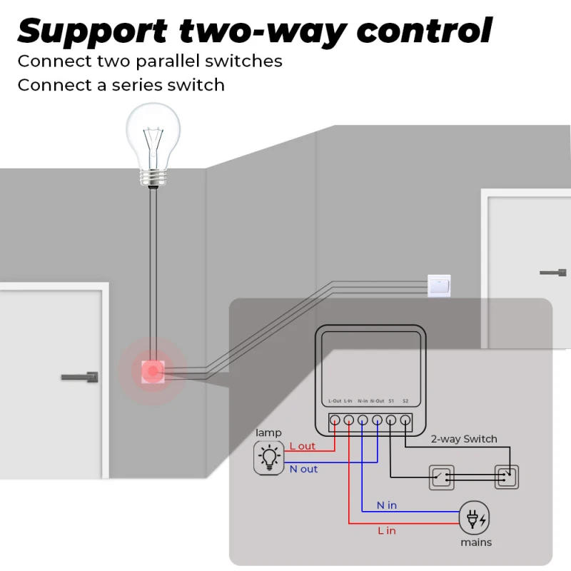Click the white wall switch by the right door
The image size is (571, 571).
pos(438,285)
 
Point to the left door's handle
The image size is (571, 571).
pos(79,376)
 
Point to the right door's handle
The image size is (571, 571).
pos(553,272)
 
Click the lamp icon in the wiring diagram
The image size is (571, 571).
pos(269,457)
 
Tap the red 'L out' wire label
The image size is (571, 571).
pos(302,446)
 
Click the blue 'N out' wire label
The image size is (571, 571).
pos(303,469)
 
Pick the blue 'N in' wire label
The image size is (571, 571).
pos(387,505)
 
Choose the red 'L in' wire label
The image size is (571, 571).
pos(386,530)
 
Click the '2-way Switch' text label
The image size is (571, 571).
pos(464,439)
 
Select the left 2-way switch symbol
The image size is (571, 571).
pos(440,477)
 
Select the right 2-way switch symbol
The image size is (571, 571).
pos(507,477)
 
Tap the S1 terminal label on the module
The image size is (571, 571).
pos(391,401)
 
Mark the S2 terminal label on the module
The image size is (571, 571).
pos(405,401)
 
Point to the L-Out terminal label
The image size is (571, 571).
pos(335,401)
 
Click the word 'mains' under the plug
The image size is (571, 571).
pos(475,542)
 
